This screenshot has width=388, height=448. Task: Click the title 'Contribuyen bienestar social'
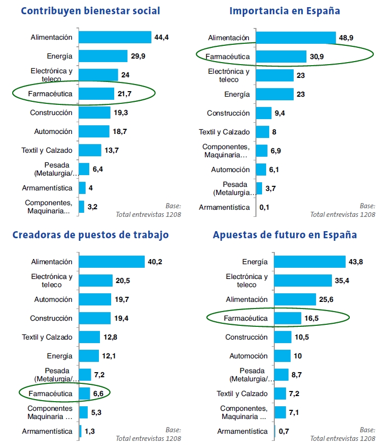tap(91, 11)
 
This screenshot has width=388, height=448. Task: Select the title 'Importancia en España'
tap(284, 11)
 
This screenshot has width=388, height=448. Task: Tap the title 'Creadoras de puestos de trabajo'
tap(90, 235)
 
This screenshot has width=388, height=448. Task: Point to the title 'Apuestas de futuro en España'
tap(284, 235)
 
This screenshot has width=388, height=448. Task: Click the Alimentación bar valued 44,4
tap(115, 37)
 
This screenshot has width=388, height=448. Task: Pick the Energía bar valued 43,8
tap(310, 262)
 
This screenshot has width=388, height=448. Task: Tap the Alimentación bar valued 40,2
tap(112, 262)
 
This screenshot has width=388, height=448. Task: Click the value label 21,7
tap(125, 94)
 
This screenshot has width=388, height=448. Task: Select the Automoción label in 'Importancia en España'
tap(230, 170)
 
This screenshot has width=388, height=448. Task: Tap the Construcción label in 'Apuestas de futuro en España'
tap(246, 337)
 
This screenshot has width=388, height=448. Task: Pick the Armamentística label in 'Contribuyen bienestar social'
tap(47, 188)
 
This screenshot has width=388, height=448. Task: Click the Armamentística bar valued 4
tap(82, 188)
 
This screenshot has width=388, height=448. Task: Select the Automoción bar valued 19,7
tap(95, 299)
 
